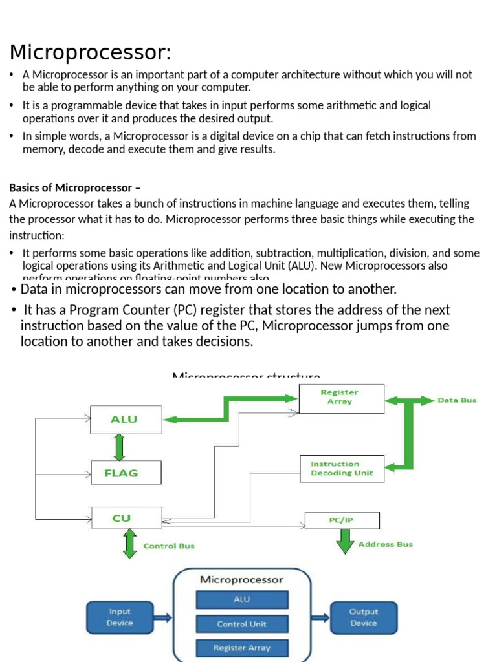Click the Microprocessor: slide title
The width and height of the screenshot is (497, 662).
[91, 52]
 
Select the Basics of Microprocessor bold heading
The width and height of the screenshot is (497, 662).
[74, 187]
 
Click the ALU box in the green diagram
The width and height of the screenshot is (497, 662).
[125, 419]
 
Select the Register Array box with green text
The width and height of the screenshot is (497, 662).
[340, 398]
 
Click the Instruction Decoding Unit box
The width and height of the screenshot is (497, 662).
[341, 468]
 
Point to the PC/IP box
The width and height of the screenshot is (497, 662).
[342, 520]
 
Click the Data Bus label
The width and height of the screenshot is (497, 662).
[457, 400]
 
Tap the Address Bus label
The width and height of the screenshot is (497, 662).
[385, 544]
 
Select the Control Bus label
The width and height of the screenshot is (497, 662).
[169, 546]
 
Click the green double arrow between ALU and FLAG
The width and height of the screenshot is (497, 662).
[119, 446]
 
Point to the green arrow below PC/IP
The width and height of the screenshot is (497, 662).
[344, 541]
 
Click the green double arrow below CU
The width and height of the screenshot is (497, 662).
[129, 543]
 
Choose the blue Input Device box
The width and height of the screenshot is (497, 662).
[120, 617]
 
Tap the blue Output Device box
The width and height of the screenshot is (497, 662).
[363, 617]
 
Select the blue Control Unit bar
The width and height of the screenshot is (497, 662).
[241, 624]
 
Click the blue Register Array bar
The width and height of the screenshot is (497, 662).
[241, 648]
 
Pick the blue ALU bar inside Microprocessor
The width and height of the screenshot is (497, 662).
[241, 599]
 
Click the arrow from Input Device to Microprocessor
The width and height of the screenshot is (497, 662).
[163, 617]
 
